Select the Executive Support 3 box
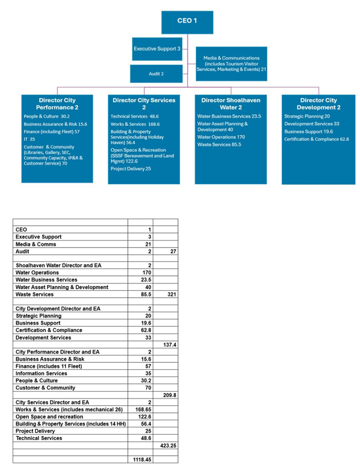pos(157,49)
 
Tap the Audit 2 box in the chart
pos(156,74)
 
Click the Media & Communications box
pos(231,64)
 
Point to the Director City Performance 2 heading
pos(57,104)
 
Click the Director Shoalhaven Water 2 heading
pos(231,104)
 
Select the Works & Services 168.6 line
pos(135,124)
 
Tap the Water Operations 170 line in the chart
pos(221,137)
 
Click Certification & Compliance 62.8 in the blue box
pos(316,139)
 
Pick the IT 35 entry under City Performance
pos(29,138)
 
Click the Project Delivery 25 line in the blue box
pos(131,169)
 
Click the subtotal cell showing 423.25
pos(165,445)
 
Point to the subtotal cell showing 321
pos(165,294)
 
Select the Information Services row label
pos(41,373)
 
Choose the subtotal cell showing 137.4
pos(165,344)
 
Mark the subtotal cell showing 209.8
pos(165,395)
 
